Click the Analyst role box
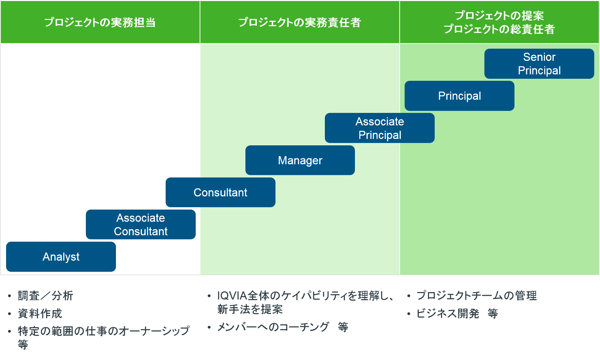(x=61, y=257)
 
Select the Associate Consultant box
(x=141, y=224)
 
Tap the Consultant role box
(x=220, y=192)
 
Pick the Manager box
(x=300, y=160)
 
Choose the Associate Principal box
(x=380, y=128)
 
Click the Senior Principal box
(x=539, y=64)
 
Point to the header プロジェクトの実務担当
(x=100, y=22)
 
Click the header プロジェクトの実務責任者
(x=299, y=22)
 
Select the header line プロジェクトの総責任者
(x=499, y=29)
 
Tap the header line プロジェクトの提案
(x=499, y=16)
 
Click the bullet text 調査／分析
(x=45, y=296)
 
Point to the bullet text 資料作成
(x=40, y=313)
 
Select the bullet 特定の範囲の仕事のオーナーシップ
(x=103, y=331)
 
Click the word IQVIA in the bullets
(x=232, y=296)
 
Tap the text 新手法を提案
(x=250, y=309)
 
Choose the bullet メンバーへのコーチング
(x=273, y=327)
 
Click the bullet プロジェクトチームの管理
(x=477, y=296)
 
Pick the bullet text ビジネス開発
(x=448, y=313)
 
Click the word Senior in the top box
(x=539, y=57)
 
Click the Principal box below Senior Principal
(x=459, y=96)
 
